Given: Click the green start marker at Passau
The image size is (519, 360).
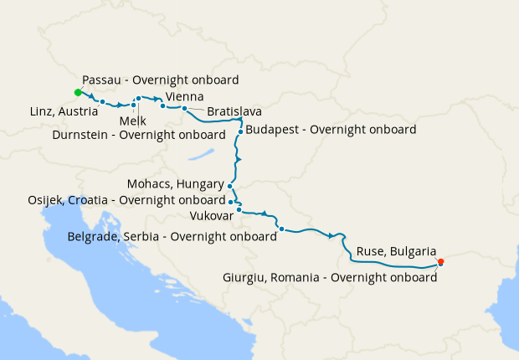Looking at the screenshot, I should [77, 92].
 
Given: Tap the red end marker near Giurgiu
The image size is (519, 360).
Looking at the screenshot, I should [441, 262].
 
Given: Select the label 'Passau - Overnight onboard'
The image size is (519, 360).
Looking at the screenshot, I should [161, 80].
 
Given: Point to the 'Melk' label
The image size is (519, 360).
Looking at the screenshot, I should [132, 121].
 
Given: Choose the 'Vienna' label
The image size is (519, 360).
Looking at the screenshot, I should [184, 97].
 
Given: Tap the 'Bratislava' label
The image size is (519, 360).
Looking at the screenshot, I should [234, 111].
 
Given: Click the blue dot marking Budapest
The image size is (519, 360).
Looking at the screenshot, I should [239, 131].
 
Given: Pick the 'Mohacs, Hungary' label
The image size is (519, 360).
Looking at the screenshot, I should [175, 184].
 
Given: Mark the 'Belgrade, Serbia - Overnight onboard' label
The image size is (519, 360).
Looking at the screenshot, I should [172, 237].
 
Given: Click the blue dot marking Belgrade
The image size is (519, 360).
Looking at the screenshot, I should [281, 229].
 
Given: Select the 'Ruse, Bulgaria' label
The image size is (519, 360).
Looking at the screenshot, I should [396, 251].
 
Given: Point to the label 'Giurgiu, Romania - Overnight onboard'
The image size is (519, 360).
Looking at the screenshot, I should [330, 277].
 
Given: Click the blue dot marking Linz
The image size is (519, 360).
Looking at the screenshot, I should [102, 102].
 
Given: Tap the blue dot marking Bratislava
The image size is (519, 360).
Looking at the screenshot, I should [184, 109].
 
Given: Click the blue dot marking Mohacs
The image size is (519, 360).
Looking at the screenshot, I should [229, 187].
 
